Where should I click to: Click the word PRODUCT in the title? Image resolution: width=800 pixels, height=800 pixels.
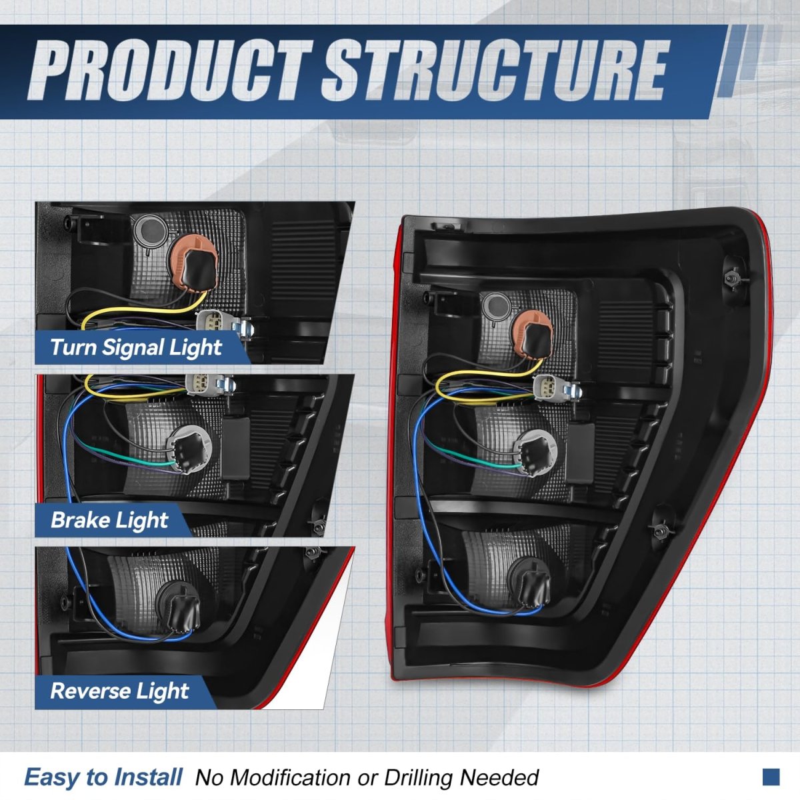click(170, 70)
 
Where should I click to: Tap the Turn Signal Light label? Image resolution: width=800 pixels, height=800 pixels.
click(136, 347)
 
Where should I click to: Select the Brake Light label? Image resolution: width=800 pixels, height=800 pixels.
click(109, 520)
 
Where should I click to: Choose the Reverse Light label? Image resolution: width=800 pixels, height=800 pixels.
click(120, 691)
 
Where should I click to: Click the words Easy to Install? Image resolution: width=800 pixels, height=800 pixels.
click(103, 777)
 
